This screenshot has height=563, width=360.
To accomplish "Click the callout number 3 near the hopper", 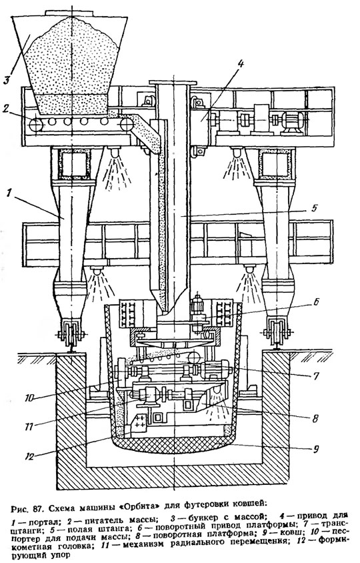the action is [x=7, y=79].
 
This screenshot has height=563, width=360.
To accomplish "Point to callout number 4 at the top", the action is [x=240, y=64].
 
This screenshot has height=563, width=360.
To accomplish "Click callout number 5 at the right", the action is [x=314, y=207].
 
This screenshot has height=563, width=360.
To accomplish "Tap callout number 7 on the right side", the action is [x=315, y=376].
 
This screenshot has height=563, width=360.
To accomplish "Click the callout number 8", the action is [x=315, y=418].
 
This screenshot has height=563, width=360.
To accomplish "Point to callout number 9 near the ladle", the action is [x=315, y=448].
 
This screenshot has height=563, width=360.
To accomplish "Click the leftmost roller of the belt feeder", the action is [x=36, y=125].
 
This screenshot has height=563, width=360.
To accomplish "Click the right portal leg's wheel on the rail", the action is [x=277, y=334].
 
